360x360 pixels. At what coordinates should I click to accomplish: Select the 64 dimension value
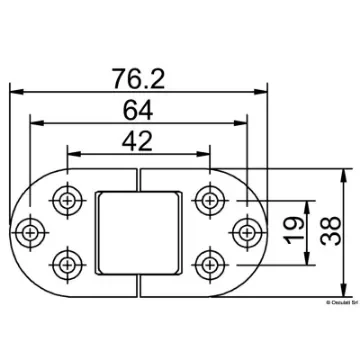[x=141, y=109]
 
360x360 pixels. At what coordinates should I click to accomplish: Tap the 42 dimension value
[x=141, y=141]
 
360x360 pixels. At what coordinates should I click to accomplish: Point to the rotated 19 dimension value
[x=289, y=229]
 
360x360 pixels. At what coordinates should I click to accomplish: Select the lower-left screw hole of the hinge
[x=69, y=265]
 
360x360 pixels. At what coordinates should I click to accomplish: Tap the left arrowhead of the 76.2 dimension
[x=14, y=91]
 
